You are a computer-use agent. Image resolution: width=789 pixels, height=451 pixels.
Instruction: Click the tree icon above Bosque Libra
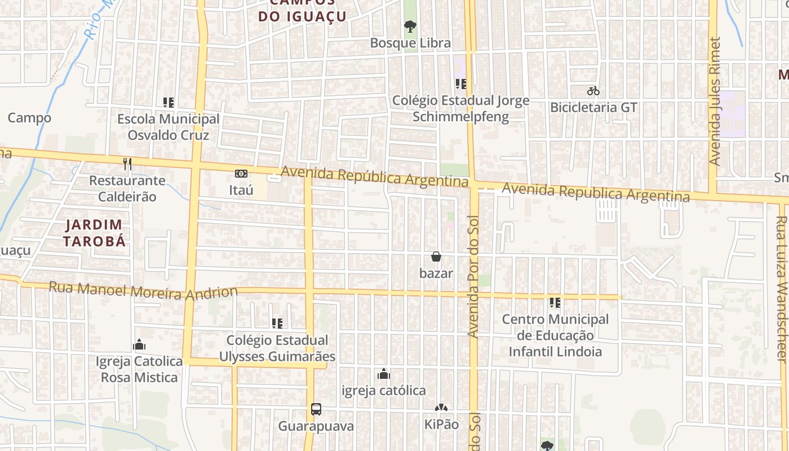pos(410,26)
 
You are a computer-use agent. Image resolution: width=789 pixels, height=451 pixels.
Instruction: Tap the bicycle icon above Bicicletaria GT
pos(593,90)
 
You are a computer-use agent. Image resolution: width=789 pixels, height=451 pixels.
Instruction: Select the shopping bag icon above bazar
pos(436,257)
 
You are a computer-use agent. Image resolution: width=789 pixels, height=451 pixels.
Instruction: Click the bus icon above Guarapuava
pos(316,409)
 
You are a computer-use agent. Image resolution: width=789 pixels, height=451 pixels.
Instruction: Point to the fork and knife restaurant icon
pos(127,164)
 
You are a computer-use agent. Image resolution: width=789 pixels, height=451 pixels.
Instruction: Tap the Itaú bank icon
pos(241,174)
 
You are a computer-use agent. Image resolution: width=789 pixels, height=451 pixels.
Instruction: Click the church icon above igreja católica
pos(384,374)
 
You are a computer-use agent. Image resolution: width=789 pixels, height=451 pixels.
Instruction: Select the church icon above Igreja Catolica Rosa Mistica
pos(139,344)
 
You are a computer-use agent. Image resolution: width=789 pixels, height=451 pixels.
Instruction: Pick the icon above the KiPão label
pos(441,408)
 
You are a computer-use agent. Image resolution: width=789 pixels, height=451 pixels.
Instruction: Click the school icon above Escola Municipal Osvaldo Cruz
pos(168,103)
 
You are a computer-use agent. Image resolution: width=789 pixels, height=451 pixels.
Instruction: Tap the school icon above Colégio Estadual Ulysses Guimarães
pos(277,323)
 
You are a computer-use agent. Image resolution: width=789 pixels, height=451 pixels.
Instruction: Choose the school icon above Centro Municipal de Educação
pos(555,303)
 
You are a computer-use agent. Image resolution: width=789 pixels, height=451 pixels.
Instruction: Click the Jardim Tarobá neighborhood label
pos(94,233)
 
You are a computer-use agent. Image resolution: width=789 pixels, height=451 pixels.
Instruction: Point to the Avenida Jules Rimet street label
pos(715,101)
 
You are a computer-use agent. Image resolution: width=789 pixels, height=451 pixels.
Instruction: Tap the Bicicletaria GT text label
pos(593,107)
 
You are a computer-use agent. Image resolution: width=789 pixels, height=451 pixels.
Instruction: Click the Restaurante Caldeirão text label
pos(127,188)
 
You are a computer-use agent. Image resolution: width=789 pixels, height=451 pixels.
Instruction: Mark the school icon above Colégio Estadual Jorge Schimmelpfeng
pos(461,84)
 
